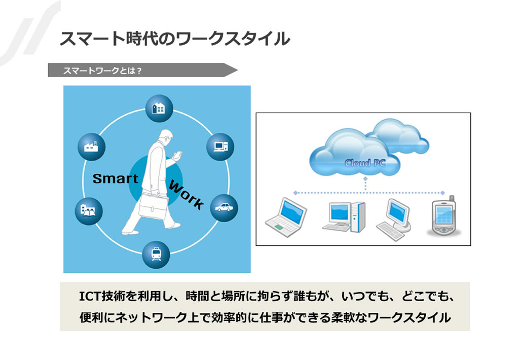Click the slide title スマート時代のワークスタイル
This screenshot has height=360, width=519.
coord(174,39)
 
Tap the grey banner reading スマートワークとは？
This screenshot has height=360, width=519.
coord(142,70)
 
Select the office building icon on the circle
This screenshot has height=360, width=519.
coord(159,109)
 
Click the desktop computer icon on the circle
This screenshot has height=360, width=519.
coord(220,147)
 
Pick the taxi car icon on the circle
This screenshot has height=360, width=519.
coord(224,208)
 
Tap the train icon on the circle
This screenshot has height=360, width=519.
coord(156,255)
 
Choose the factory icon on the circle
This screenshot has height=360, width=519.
coord(91,147)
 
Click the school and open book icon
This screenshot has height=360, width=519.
coord(88,211)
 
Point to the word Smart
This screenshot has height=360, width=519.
coord(116,179)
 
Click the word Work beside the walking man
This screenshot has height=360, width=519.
coord(186,195)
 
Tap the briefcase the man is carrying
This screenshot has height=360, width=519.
coord(154,206)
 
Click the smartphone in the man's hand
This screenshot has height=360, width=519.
coord(178,155)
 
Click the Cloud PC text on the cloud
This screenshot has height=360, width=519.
coord(365,163)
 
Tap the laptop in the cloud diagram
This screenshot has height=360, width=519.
coord(286,217)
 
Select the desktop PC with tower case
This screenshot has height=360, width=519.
coord(344,217)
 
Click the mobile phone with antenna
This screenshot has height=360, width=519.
coord(443,216)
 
